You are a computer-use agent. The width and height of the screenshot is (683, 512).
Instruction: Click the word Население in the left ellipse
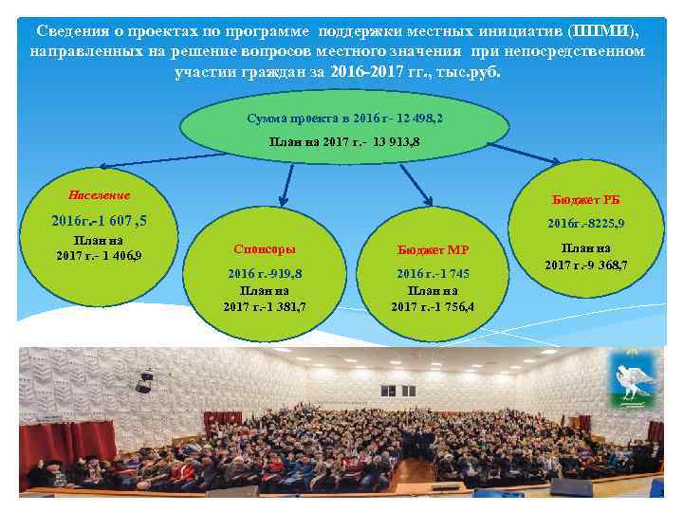point(99,195)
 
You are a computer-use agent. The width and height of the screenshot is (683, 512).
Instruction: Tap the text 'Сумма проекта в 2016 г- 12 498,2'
point(344,118)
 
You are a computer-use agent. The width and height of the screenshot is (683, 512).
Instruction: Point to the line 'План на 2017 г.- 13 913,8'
point(344,140)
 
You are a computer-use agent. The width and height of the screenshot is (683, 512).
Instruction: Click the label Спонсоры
point(264,248)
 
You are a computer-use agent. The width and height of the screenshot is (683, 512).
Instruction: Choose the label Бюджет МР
point(433,249)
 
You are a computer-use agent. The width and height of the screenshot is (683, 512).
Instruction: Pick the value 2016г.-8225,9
point(584,224)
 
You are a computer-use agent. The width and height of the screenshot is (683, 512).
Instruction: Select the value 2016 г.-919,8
point(264,274)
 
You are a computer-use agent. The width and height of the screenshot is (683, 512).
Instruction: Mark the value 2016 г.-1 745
point(433,274)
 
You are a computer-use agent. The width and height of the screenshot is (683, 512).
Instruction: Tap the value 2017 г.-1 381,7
point(264,306)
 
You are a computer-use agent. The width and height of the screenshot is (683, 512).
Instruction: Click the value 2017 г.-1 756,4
point(433,306)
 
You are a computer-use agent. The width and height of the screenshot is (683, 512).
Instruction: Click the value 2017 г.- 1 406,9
point(99,256)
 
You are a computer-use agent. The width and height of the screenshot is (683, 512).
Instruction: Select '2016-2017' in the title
point(366,70)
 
